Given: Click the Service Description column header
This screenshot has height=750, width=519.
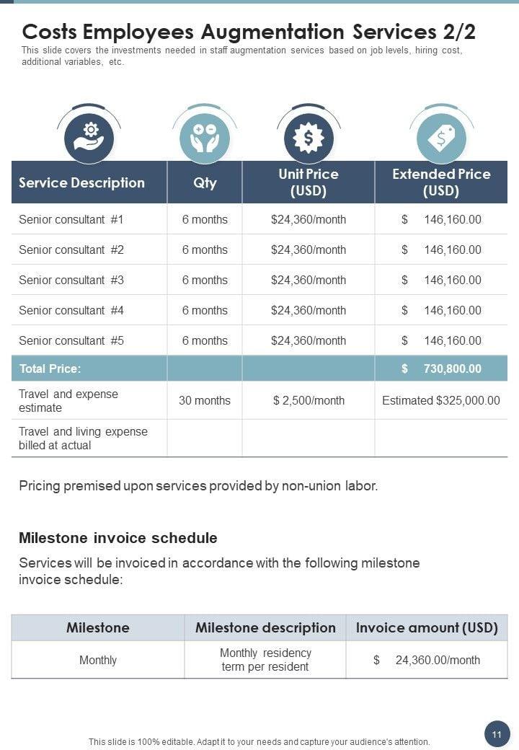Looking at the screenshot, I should click(81, 182).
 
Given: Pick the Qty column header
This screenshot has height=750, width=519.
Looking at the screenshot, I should click(205, 182).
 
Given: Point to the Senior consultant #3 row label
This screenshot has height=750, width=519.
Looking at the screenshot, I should click(71, 280).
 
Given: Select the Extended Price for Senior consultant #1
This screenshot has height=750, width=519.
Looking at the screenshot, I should click(441, 219).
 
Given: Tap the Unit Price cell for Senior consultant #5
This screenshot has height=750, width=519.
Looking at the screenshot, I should click(309, 340).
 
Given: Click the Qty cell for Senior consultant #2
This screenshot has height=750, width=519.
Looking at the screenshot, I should click(205, 250).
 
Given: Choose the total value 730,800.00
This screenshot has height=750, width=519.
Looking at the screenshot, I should click(441, 369).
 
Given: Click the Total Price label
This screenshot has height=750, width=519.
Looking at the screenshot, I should click(50, 369).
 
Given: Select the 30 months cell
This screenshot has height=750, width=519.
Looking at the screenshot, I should click(205, 400).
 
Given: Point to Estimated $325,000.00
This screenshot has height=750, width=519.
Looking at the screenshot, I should click(441, 400).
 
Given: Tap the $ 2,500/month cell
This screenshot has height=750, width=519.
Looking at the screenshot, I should click(309, 400).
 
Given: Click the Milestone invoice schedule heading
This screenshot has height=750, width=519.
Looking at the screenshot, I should click(118, 538).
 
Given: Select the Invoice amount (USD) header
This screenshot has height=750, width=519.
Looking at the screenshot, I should click(427, 627).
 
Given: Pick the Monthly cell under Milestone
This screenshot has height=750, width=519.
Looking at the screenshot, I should click(98, 660).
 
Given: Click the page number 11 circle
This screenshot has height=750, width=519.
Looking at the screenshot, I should click(497, 734).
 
